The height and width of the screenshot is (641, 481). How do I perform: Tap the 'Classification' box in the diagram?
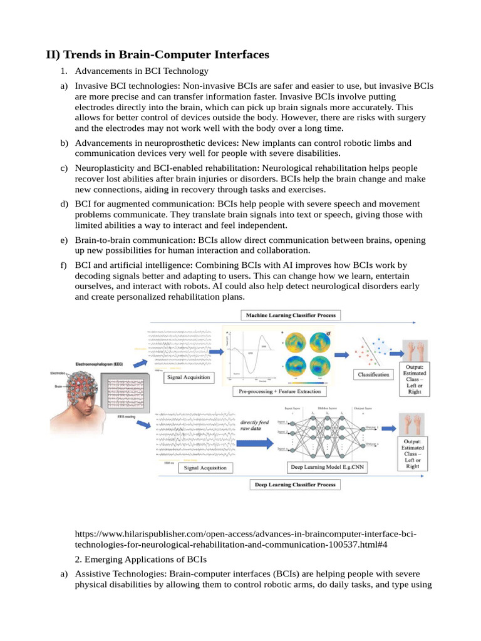pyautogui.click(x=373, y=374)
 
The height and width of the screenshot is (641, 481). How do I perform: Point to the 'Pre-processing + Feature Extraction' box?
pyautogui.click(x=280, y=391)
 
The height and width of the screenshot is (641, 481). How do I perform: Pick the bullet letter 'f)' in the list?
pyautogui.click(x=64, y=265)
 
